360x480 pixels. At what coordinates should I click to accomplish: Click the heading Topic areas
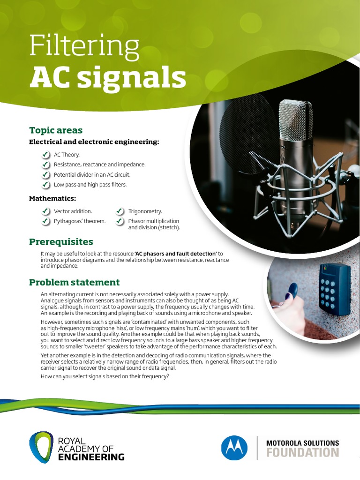(x=56, y=130)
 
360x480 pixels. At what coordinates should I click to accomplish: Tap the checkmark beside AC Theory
(x=45, y=155)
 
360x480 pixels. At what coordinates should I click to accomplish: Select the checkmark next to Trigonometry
(x=120, y=211)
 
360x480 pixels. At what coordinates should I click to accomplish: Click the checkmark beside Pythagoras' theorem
(x=45, y=221)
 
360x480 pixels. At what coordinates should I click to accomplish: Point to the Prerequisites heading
(x=61, y=242)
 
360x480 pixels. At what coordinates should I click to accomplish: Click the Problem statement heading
(x=74, y=282)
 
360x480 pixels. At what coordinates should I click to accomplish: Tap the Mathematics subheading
(x=52, y=198)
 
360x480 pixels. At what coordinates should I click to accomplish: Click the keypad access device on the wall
(x=334, y=287)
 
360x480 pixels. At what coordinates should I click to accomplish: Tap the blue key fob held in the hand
(x=292, y=291)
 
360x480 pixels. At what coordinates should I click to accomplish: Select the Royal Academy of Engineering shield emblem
(x=41, y=447)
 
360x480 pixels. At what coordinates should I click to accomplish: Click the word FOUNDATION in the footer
(x=302, y=453)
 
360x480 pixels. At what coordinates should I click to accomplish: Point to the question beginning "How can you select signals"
(x=105, y=377)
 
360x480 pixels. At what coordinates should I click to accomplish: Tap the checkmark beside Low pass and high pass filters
(x=45, y=185)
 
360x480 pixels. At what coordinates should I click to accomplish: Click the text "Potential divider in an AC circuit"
(x=92, y=174)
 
